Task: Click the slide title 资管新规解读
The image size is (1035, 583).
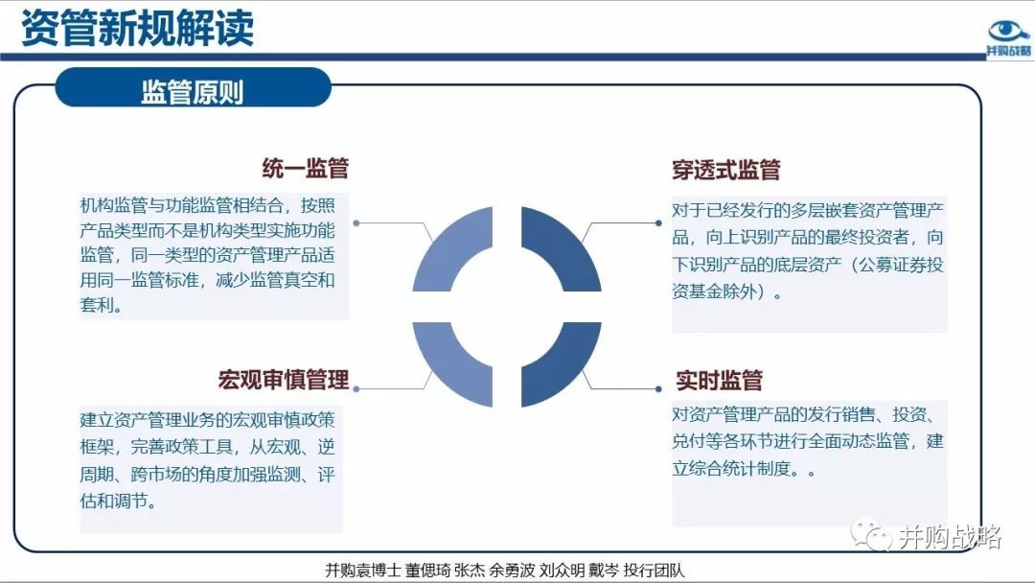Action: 137,29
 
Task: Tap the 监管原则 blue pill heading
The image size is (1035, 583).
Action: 193,92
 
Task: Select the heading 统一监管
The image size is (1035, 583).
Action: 305,169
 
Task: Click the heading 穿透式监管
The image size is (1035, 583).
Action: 726,170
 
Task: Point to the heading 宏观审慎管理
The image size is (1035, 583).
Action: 283,380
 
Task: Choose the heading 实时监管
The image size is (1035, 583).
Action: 719,381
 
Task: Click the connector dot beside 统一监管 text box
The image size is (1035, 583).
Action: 356,223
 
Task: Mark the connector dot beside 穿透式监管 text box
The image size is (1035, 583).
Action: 658,223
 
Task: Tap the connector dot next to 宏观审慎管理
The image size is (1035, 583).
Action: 356,389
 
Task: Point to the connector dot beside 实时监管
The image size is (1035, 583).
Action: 658,389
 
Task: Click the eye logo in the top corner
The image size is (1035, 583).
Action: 1008,32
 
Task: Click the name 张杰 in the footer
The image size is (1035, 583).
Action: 470,570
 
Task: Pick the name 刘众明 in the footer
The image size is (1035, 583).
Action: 562,570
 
